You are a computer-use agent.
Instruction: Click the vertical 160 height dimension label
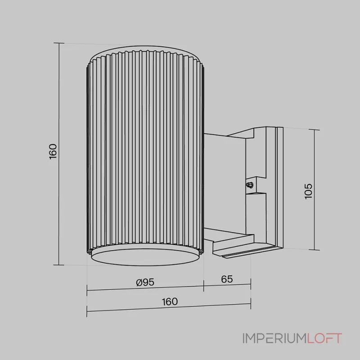pos(53,152)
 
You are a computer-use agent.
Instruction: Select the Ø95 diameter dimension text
pos(145,282)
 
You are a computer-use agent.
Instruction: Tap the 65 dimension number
pos(227,279)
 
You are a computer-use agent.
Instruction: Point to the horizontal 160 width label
pos(170,301)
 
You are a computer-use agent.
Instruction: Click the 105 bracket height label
pos(308,191)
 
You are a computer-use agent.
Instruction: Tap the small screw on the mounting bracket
pos(249,184)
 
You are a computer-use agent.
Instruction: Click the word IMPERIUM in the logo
pos(274,338)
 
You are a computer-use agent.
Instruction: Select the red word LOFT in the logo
pos(324,338)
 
